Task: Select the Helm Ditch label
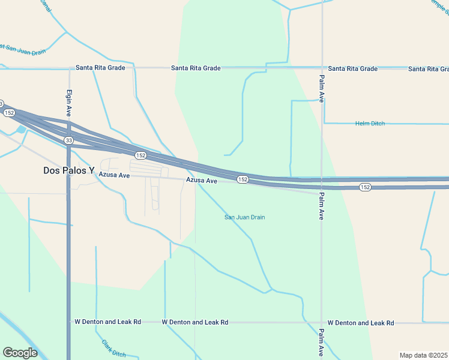pos(369,124)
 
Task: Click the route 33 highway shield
pos(70,140)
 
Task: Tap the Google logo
pos(20,353)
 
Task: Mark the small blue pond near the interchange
pos(22,129)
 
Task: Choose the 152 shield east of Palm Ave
pos(365,187)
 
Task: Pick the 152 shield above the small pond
pos(9,113)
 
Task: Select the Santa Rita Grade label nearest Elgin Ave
pos(100,68)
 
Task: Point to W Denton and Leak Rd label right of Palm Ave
pos(363,323)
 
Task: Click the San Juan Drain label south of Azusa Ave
pos(244,217)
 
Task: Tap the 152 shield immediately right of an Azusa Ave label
pos(243,179)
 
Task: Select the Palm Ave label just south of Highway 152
pos(322,206)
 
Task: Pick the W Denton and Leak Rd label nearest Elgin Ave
pos(107,322)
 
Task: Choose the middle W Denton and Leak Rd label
pos(195,322)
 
